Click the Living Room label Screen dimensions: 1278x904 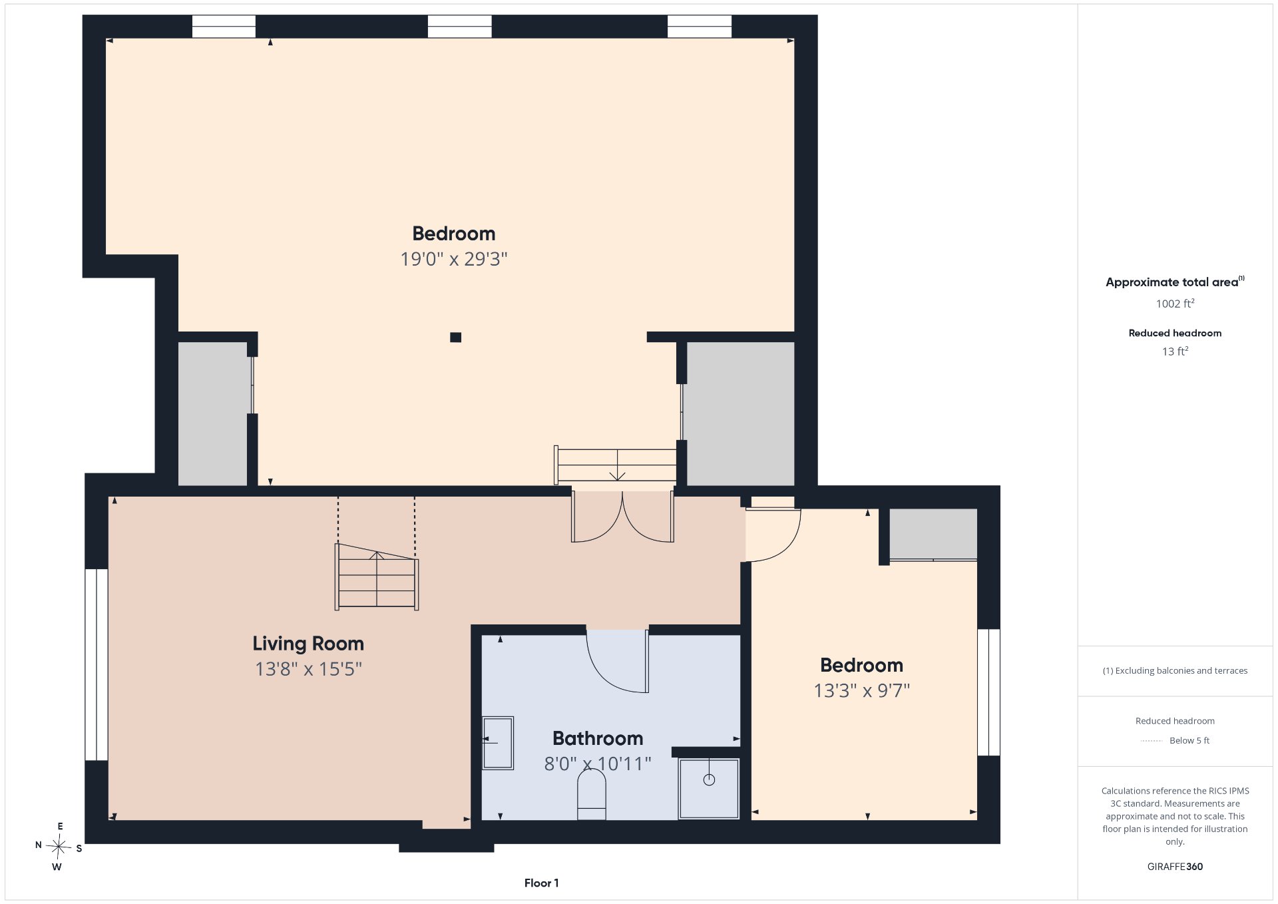308,644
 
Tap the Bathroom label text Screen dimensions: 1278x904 598,738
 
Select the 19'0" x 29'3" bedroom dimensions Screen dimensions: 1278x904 454,259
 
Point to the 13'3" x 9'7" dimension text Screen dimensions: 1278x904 862,690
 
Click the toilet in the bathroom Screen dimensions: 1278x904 591,794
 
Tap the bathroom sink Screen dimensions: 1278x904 497,743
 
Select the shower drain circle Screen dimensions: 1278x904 709,780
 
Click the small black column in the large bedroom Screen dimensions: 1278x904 455,338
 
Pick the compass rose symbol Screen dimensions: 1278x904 59,847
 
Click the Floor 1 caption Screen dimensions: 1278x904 541,883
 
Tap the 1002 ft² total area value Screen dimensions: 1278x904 1175,304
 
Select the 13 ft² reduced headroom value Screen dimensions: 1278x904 1175,351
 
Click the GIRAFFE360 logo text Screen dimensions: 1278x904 1175,867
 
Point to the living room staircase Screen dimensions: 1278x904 377,576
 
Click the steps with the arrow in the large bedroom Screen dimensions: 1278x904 616,465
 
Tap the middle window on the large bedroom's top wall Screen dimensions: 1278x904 459,27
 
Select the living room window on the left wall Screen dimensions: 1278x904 97,664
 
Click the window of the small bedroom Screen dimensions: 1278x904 988,692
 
